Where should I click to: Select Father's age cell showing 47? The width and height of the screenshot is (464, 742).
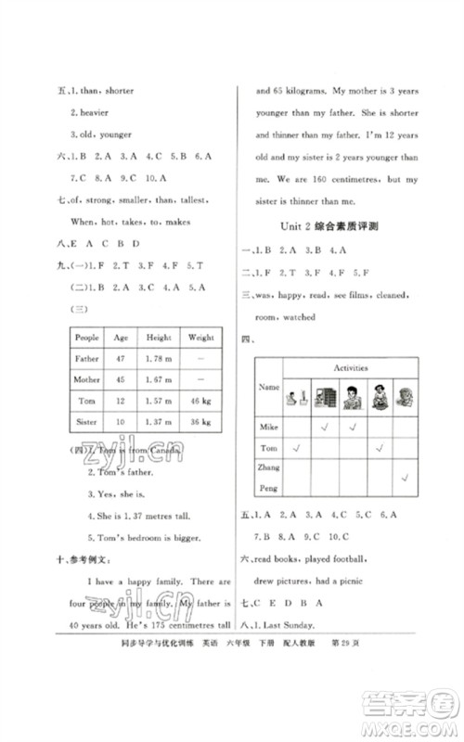[122, 358]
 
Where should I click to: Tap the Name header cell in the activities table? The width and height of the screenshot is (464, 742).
[268, 387]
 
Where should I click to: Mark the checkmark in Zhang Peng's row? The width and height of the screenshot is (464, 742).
[406, 478]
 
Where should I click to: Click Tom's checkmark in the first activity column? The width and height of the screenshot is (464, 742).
[298, 449]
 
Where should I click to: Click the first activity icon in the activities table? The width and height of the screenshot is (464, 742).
[298, 397]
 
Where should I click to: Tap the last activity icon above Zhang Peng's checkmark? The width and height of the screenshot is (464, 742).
[406, 397]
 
